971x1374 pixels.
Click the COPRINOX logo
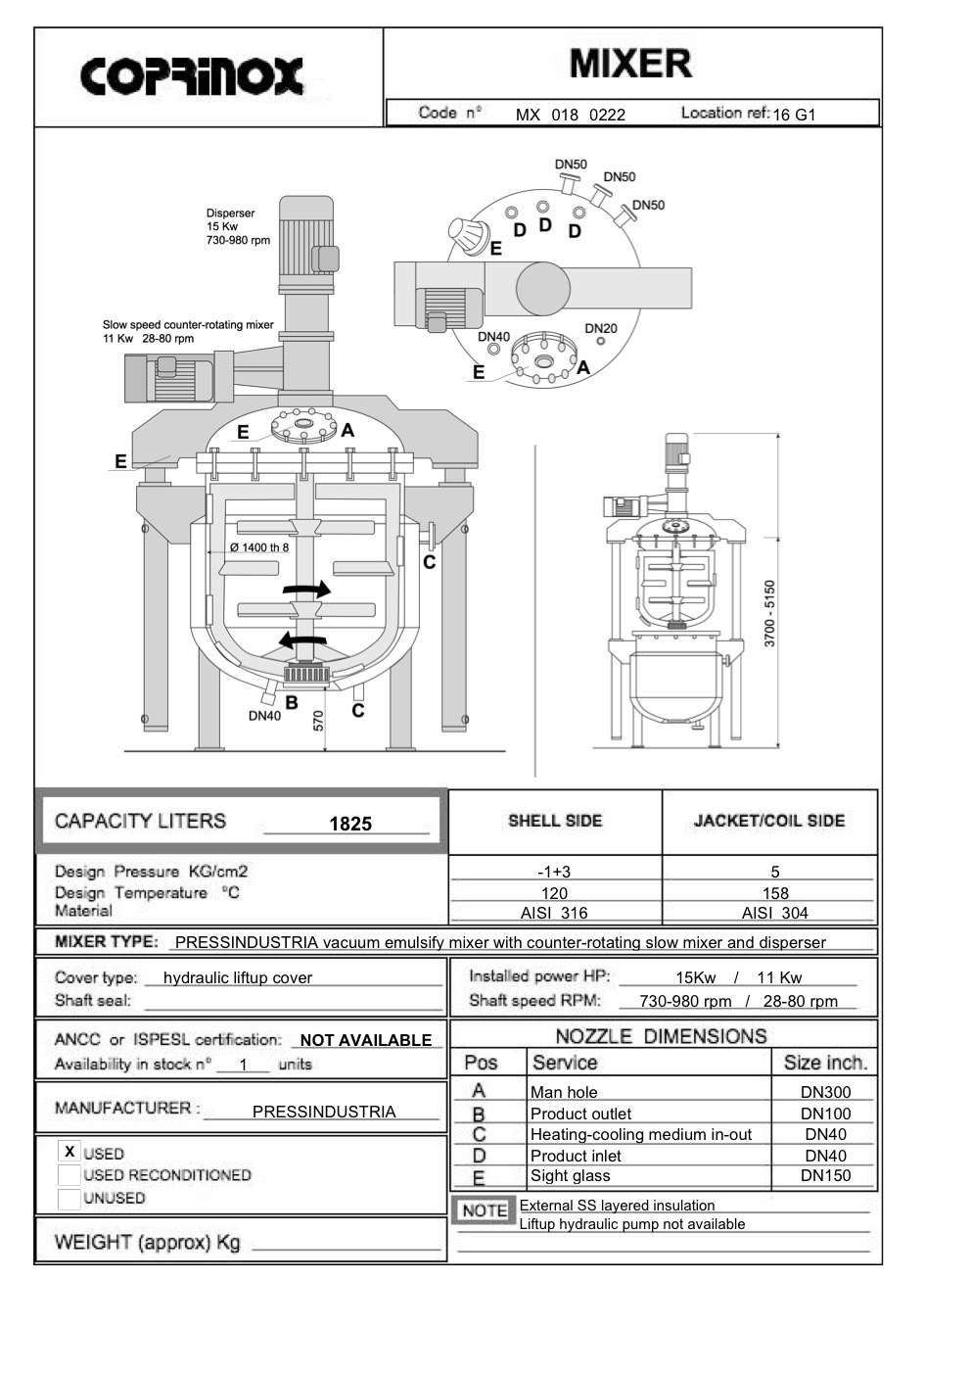click(192, 76)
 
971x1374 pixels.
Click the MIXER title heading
click(630, 65)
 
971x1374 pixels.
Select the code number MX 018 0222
click(570, 115)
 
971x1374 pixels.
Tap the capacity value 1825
click(350, 824)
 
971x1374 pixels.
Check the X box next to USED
click(69, 1152)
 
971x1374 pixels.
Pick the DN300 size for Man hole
click(825, 1092)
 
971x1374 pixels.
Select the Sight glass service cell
click(570, 1175)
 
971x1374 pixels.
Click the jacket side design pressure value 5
click(775, 872)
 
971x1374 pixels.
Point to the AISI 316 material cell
click(554, 913)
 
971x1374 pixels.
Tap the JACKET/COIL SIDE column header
click(769, 821)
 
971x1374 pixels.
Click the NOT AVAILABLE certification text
click(365, 1040)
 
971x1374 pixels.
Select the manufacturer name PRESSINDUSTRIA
click(324, 1112)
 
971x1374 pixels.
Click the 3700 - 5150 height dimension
click(769, 613)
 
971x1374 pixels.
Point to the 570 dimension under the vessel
click(318, 720)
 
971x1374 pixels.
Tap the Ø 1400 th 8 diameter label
click(259, 547)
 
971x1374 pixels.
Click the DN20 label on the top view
click(601, 328)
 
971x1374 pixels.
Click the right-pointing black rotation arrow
click(306, 589)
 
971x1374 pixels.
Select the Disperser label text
click(230, 213)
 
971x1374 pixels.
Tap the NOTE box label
click(484, 1210)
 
